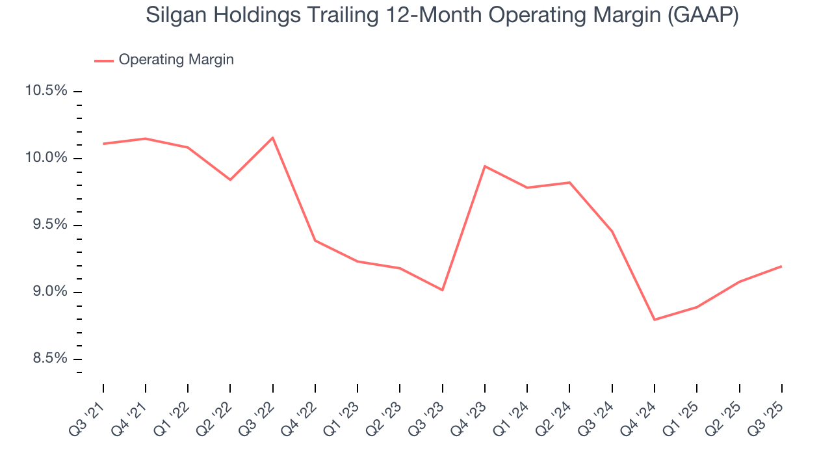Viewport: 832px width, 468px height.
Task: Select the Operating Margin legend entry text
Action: [x=176, y=60]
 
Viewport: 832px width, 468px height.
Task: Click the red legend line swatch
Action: [x=104, y=60]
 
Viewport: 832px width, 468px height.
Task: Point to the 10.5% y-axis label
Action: [x=46, y=90]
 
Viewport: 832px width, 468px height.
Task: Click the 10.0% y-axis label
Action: [x=46, y=158]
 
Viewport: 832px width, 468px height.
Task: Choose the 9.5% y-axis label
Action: [x=46, y=225]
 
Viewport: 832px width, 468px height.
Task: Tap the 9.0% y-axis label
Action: [x=46, y=292]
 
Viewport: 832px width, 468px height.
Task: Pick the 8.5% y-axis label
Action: [x=46, y=359]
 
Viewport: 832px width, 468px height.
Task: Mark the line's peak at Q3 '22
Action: [x=272, y=137]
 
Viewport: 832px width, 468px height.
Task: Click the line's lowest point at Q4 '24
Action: [x=654, y=320]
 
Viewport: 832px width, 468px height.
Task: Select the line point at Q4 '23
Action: [x=485, y=166]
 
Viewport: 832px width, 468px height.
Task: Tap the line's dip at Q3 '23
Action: [x=442, y=290]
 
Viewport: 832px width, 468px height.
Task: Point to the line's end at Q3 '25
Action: [x=781, y=266]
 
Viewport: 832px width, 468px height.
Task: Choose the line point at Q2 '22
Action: [x=230, y=179]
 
